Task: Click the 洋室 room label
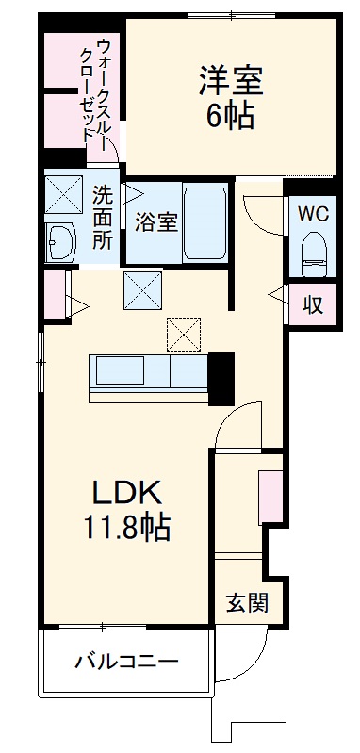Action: point(231,79)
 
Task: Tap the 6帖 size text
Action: point(231,116)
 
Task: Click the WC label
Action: point(312,214)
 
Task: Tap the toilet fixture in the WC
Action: point(312,249)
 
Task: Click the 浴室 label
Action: point(155,223)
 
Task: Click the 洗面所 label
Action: point(102,217)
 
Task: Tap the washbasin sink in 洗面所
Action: point(62,242)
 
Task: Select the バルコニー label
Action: point(126,662)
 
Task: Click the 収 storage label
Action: point(310,303)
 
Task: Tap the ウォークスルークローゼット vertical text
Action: point(94,90)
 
